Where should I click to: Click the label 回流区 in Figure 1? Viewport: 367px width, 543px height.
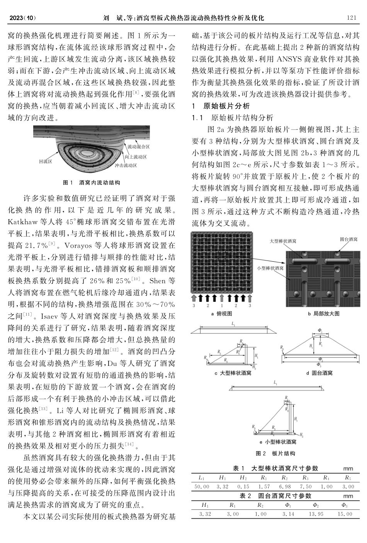click(x=46, y=161)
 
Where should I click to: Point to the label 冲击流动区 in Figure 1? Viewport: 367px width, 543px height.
click(x=126, y=165)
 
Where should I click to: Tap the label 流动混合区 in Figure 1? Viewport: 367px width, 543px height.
click(x=139, y=147)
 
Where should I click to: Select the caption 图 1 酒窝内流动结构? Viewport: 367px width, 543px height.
click(x=92, y=183)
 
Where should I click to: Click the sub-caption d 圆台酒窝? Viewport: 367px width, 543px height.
click(x=319, y=373)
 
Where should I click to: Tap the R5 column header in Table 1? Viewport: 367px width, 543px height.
click(x=347, y=478)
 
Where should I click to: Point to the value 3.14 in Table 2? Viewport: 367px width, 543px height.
click(x=288, y=514)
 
